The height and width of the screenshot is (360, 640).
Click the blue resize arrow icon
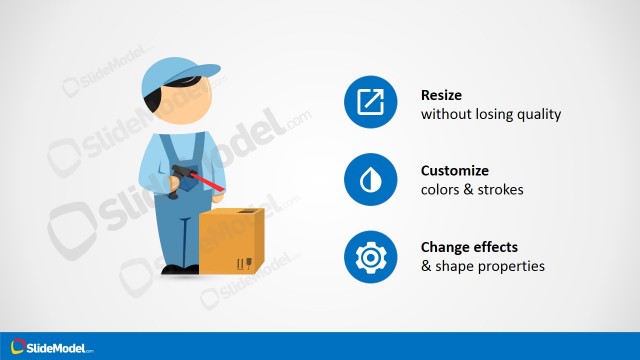click(x=371, y=102)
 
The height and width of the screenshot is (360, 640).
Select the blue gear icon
click(x=371, y=257)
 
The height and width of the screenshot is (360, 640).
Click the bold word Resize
click(x=443, y=95)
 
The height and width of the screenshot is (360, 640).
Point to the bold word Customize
click(x=455, y=170)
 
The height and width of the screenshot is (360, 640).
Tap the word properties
click(x=511, y=266)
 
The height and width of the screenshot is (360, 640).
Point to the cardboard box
click(x=231, y=243)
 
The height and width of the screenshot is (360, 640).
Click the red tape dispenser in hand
click(x=200, y=180)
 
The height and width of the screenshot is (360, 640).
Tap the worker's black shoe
click(x=179, y=269)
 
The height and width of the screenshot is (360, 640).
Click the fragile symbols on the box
click(x=243, y=265)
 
